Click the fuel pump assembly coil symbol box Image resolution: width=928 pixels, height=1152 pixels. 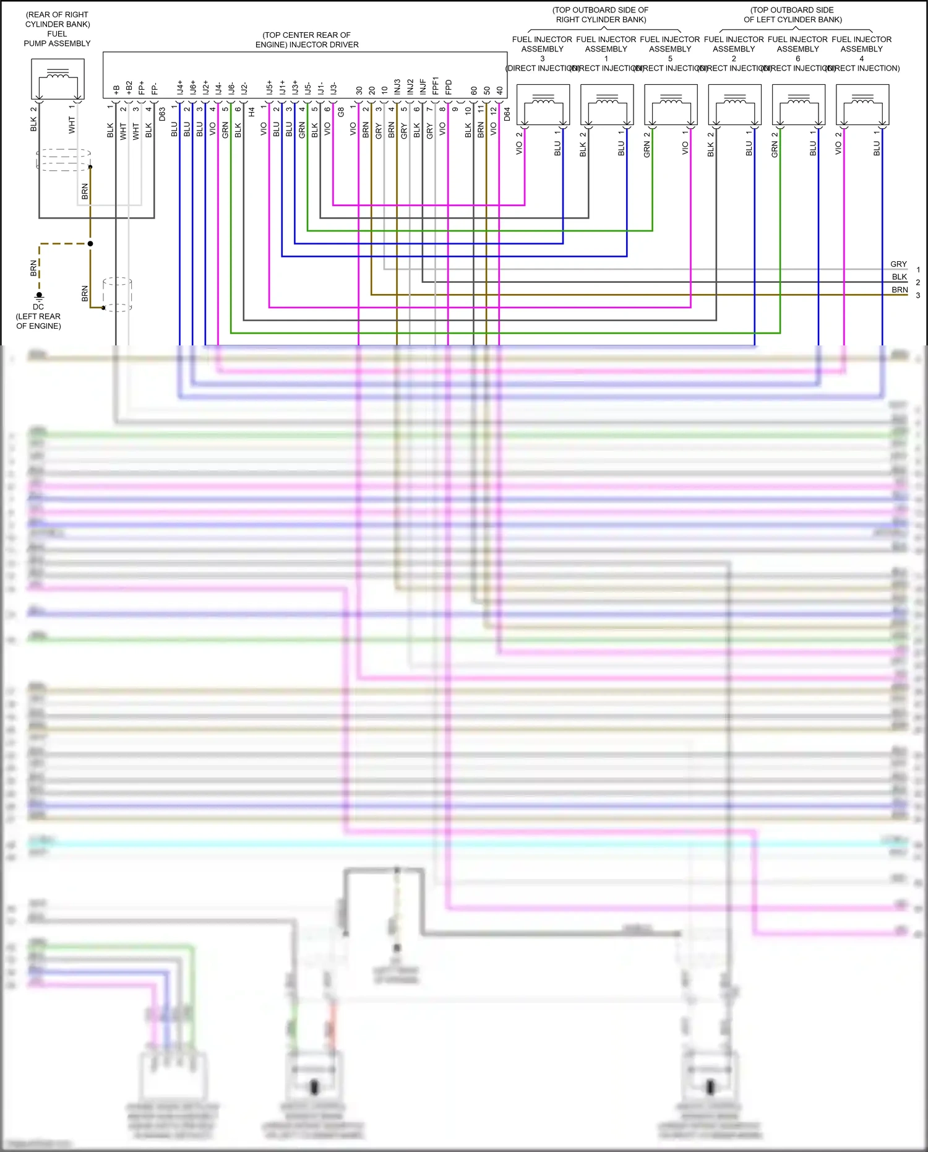(58, 79)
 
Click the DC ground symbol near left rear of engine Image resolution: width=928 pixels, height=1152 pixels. (39, 296)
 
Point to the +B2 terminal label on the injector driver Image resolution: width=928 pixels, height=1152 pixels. (129, 87)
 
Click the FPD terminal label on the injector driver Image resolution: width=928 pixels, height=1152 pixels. (449, 87)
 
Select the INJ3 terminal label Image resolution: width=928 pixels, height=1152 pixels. (397, 87)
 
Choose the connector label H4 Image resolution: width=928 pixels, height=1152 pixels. (251, 113)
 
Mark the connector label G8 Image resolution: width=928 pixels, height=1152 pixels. (340, 113)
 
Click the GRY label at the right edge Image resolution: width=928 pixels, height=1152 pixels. (898, 264)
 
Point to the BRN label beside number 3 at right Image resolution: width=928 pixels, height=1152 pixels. (900, 290)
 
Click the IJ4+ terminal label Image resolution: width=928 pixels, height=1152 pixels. (179, 87)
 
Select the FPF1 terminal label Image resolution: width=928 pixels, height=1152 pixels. (436, 86)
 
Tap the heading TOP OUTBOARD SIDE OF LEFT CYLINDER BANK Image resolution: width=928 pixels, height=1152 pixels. (793, 15)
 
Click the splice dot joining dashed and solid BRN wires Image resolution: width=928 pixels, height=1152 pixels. (90, 244)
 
